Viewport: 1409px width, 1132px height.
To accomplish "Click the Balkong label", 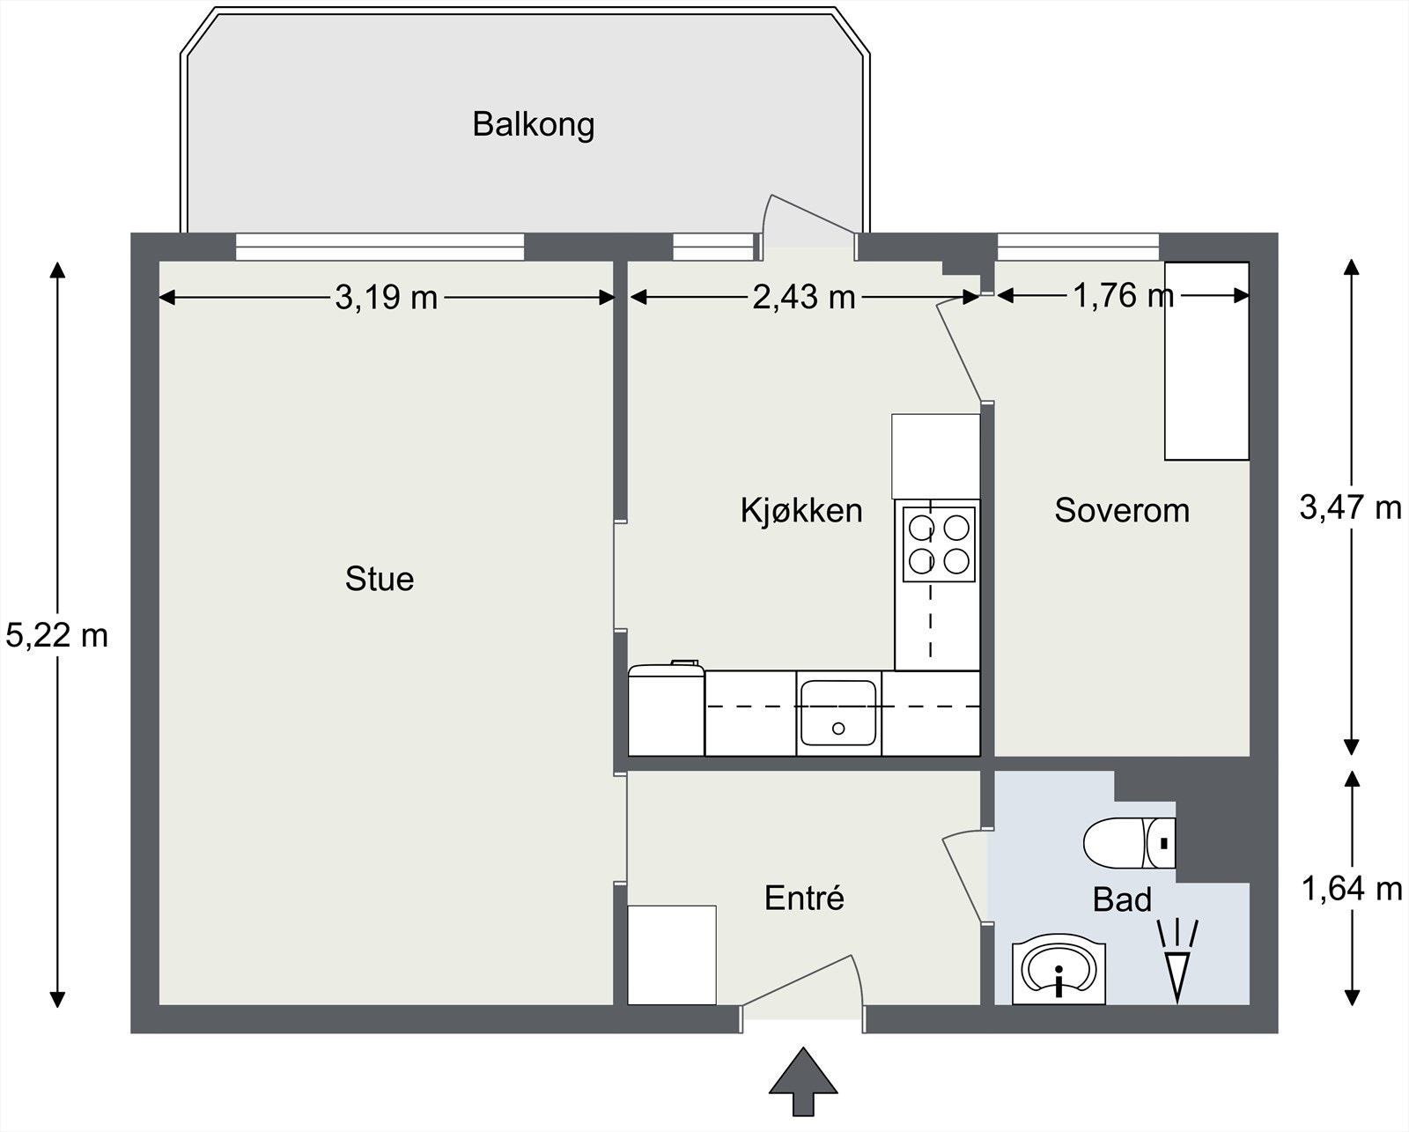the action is [533, 124].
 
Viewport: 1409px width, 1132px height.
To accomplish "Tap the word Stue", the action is [380, 579].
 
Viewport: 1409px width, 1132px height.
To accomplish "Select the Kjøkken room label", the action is [801, 510].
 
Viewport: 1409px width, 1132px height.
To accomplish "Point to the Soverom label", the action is [1122, 510].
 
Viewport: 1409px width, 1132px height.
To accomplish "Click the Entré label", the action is [804, 898].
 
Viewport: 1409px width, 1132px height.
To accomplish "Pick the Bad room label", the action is [1122, 899].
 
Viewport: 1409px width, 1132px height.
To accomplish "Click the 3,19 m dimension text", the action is [387, 298].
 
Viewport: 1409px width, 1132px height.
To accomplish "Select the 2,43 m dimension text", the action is [804, 298].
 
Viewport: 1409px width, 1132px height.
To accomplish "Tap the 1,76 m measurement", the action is [1124, 296].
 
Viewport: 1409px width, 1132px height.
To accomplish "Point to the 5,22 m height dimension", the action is [57, 635].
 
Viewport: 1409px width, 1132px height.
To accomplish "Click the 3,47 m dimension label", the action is [1351, 507].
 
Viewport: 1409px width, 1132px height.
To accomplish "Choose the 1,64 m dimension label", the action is [1352, 889].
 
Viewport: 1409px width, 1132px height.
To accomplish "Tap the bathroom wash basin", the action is [1059, 973].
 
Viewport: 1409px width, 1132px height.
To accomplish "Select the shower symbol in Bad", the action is [1177, 960].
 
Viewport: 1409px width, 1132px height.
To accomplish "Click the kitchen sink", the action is [838, 713].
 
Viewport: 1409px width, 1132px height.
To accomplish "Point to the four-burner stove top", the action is [939, 544].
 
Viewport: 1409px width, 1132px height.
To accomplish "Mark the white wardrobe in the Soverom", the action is [1206, 361].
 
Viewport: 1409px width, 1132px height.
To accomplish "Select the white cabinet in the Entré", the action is [672, 954].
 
